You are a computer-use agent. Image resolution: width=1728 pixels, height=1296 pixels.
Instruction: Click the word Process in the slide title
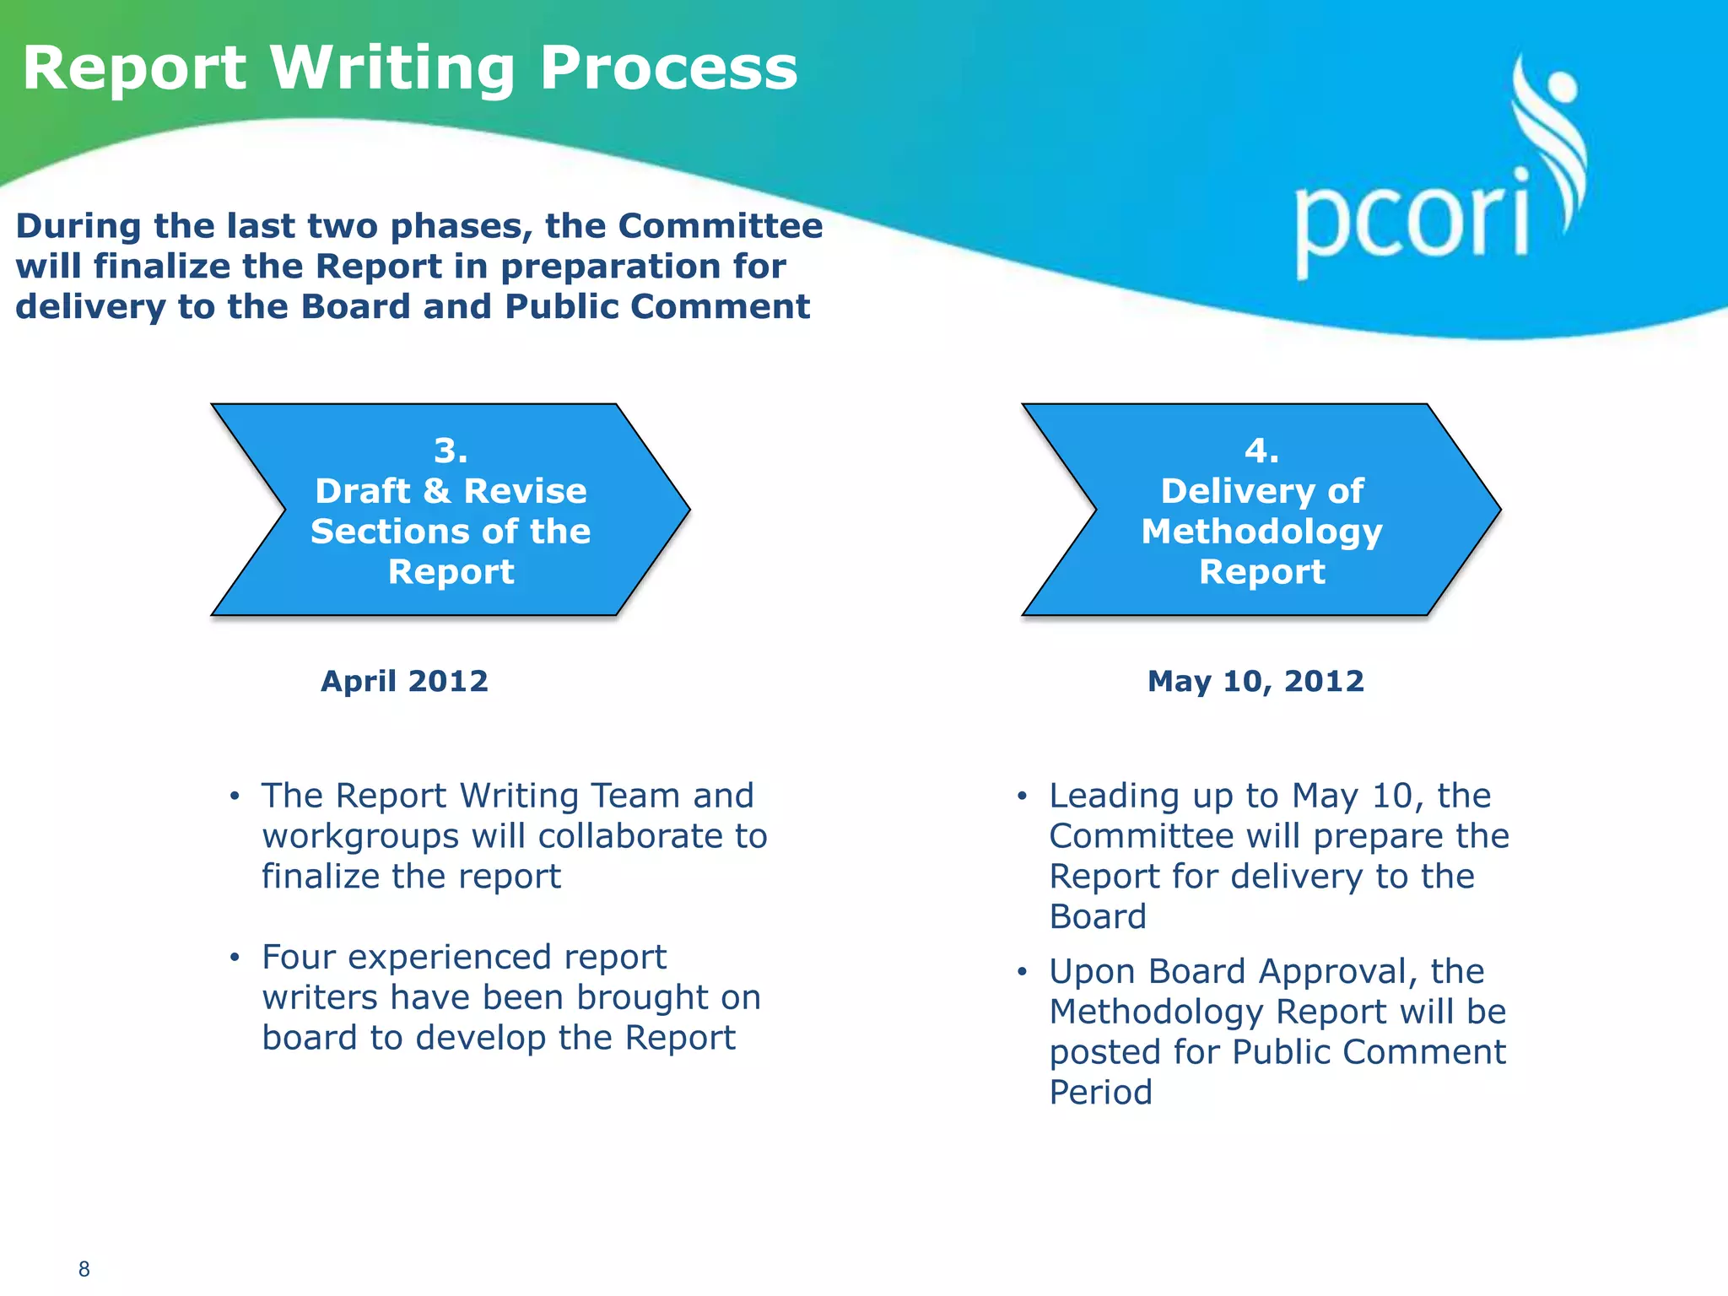pyautogui.click(x=667, y=69)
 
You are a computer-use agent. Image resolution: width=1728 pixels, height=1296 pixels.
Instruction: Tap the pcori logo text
pyautogui.click(x=1412, y=221)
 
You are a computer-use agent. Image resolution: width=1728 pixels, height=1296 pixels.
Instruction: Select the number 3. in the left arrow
pyautogui.click(x=451, y=451)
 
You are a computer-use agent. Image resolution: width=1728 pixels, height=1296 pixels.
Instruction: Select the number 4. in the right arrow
pyautogui.click(x=1261, y=451)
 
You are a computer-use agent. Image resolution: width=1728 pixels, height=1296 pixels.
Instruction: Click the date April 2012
pyautogui.click(x=404, y=681)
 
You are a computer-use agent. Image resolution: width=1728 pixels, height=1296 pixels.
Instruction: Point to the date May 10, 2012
pyautogui.click(x=1255, y=681)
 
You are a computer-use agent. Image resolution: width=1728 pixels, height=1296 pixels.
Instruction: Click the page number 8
pyautogui.click(x=84, y=1269)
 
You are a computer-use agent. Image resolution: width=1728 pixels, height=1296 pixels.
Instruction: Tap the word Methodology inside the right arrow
pyautogui.click(x=1261, y=532)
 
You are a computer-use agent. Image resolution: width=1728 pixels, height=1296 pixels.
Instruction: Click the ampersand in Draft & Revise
pyautogui.click(x=437, y=491)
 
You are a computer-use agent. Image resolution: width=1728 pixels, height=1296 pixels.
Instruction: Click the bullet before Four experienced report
pyautogui.click(x=235, y=958)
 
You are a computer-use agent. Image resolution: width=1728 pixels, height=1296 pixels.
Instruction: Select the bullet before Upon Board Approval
pyautogui.click(x=1022, y=972)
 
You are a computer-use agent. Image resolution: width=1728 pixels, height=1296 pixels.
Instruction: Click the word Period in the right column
pyautogui.click(x=1100, y=1093)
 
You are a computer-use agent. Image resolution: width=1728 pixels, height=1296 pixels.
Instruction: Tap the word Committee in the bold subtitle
pyautogui.click(x=720, y=226)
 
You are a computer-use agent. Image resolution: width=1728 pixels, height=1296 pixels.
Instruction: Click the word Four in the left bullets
pyautogui.click(x=299, y=958)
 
